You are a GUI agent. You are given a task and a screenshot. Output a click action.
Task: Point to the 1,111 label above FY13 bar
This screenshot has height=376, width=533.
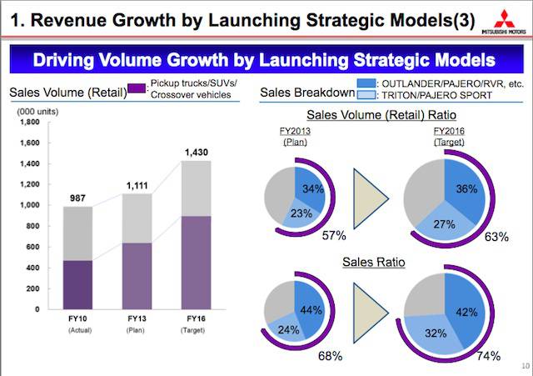(136, 183)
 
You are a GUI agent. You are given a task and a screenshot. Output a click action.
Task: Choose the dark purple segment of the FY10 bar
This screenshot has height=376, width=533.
(77, 284)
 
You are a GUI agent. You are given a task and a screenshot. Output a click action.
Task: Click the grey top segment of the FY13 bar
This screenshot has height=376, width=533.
(136, 218)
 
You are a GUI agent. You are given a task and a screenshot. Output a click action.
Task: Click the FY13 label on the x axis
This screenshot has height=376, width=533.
(136, 319)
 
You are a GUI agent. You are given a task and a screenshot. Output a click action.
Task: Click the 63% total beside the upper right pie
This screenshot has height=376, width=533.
(496, 237)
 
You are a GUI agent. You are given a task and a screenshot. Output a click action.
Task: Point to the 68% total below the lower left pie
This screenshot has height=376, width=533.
(331, 357)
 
